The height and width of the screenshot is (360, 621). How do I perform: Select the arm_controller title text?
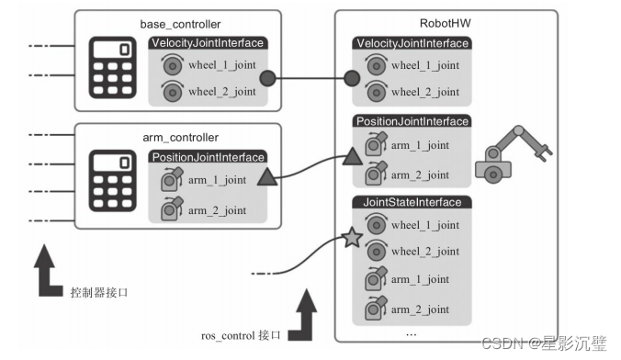coord(175,137)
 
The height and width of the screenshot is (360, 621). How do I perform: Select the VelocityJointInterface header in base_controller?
coord(207,43)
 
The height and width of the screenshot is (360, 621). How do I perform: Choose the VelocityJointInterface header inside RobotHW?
coord(411,43)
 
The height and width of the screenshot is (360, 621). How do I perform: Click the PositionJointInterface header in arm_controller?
coord(209,157)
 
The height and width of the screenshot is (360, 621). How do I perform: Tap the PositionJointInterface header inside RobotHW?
coord(411,121)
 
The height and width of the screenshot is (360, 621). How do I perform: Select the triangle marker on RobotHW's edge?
coord(352,158)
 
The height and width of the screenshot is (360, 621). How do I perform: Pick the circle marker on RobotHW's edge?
coord(351,79)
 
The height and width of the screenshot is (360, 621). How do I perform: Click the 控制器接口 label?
coord(100,292)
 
